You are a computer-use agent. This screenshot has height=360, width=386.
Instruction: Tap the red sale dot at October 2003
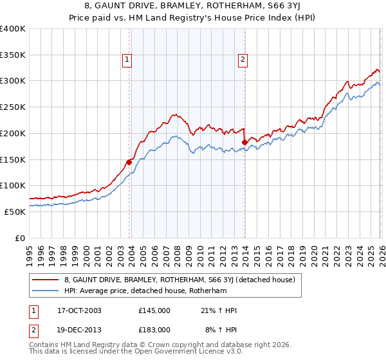tap(129, 162)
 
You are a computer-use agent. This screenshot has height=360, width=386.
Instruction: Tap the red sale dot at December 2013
tap(244, 142)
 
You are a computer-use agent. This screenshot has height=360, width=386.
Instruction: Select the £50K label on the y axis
tap(15, 212)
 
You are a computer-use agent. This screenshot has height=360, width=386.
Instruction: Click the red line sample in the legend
tap(46, 280)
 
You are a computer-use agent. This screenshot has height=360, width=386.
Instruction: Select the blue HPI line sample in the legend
tap(46, 291)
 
